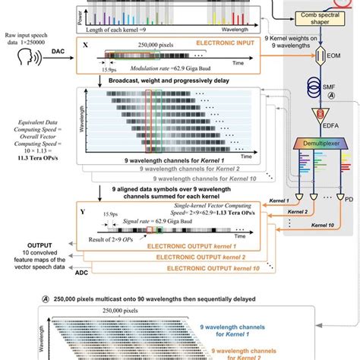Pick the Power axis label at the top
[x=84, y=11]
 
